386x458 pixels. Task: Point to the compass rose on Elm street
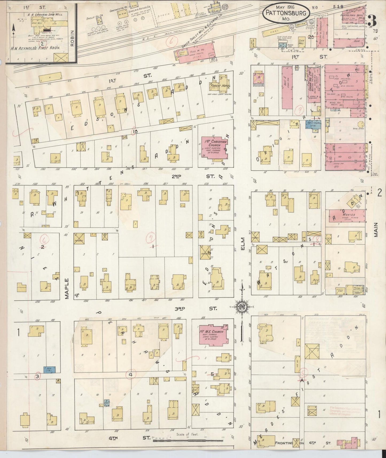[242, 306]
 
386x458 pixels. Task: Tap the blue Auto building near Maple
[49, 370]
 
